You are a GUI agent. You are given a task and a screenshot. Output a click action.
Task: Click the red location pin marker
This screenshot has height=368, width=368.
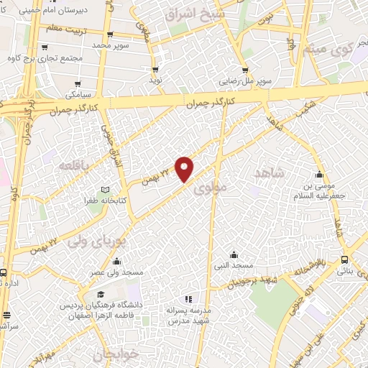tap(185, 168)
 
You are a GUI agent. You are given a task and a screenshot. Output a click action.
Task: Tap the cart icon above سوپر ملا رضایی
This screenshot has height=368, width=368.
tap(245, 70)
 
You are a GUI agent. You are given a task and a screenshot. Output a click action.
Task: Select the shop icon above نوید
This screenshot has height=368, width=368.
tap(155, 70)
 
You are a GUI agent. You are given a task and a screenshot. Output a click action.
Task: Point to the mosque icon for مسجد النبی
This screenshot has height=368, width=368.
tap(234, 254)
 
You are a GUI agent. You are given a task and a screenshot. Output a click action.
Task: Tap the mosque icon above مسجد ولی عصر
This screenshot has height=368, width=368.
tap(116, 261)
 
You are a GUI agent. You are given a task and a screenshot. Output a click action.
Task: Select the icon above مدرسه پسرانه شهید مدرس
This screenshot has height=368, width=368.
tap(188, 299)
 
